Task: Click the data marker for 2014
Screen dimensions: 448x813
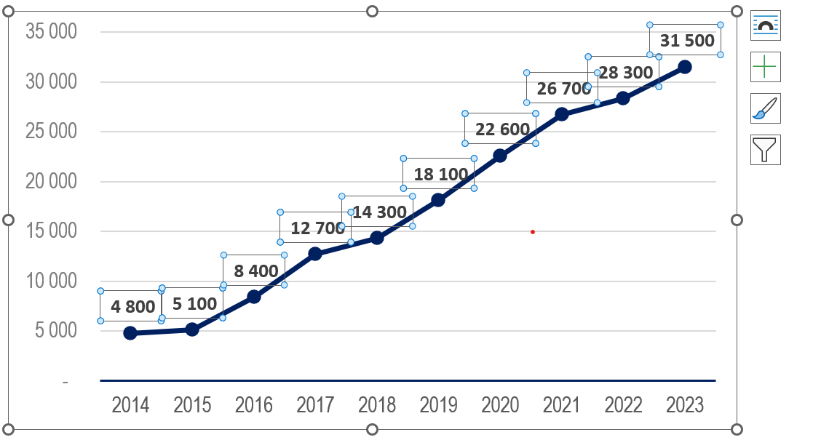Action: click(130, 333)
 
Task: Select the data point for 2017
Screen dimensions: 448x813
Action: click(315, 254)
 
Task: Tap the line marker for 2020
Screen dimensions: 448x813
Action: click(500, 156)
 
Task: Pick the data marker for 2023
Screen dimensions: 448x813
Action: click(685, 67)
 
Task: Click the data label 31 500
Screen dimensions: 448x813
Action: click(687, 41)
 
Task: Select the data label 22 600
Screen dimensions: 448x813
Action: click(502, 129)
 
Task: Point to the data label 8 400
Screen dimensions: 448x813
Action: click(256, 271)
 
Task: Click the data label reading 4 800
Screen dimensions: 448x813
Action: click(133, 306)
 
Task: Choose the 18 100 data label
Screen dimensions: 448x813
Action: click(440, 175)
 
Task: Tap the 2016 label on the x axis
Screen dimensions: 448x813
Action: click(254, 405)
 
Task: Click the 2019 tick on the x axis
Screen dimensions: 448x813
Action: click(439, 405)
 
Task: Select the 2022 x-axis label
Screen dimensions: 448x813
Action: click(624, 405)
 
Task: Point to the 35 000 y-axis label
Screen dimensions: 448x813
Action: click(51, 32)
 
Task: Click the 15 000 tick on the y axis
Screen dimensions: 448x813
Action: click(51, 231)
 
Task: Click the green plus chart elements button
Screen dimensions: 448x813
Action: click(765, 67)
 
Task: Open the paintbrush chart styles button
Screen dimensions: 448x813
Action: click(765, 108)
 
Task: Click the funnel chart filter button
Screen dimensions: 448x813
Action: click(765, 150)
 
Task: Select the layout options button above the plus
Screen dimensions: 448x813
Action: click(765, 25)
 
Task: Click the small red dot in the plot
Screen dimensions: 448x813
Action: click(533, 232)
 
